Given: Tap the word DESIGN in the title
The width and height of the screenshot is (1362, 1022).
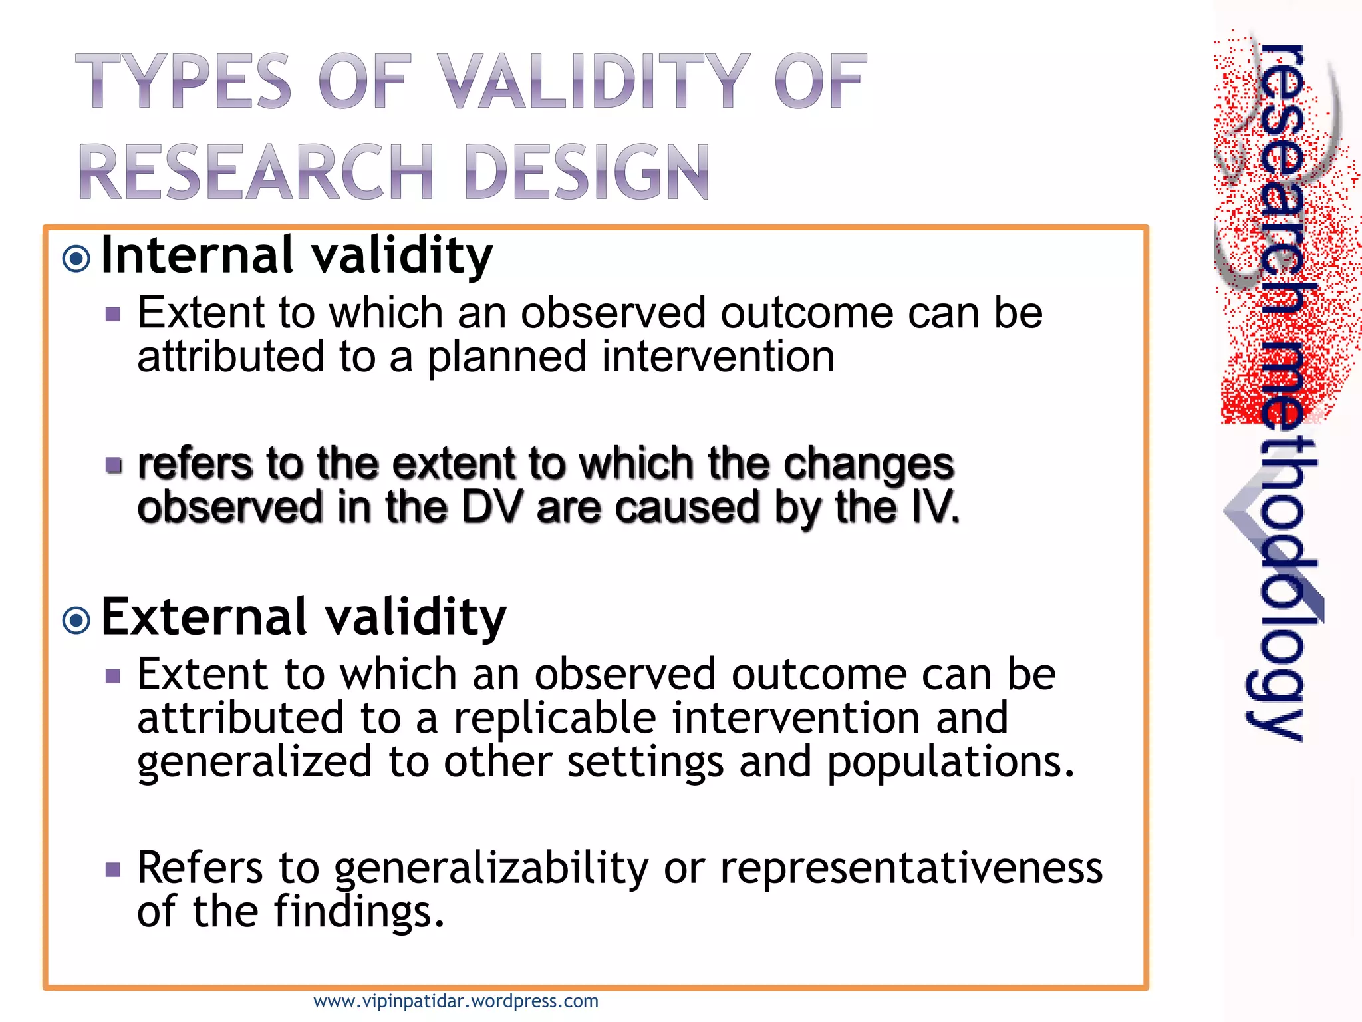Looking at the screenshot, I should coord(587,172).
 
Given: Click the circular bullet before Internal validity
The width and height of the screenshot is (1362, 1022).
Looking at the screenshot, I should coord(76,258).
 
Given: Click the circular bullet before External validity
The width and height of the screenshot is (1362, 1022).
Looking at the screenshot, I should coord(76,620).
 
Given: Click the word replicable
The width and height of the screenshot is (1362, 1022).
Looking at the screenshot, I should coord(555,719).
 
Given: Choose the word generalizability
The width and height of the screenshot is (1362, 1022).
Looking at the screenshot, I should coord(490,869).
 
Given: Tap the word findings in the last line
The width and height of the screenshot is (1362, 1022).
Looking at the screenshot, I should coord(358,912).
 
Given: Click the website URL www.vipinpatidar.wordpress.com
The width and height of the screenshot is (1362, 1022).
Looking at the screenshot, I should coord(456,1001).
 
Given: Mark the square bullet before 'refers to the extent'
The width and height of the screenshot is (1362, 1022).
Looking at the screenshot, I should coord(114,464).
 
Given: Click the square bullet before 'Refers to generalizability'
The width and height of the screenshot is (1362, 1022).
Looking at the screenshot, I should coord(113,870).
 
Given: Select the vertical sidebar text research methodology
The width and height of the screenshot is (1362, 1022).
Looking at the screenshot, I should coord(1280,393).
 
